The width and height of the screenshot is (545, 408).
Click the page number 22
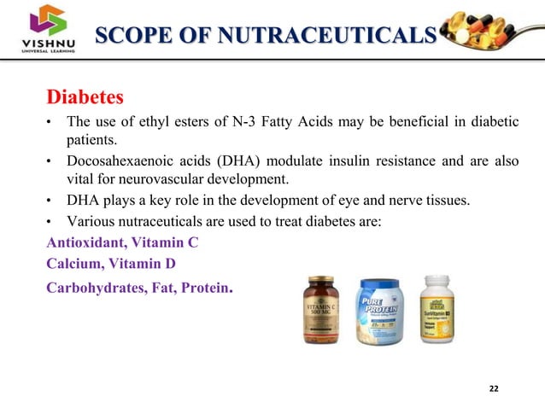494,389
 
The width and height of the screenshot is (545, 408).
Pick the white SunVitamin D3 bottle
435,309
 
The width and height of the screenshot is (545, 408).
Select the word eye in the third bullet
349,201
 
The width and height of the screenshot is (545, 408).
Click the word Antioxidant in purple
86,242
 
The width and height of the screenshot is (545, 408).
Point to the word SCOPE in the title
127,35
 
